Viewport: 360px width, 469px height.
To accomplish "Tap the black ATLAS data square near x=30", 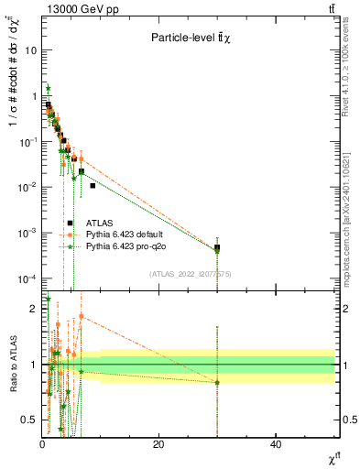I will point(217,247).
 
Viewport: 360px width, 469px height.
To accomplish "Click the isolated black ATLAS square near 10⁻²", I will point(93,186).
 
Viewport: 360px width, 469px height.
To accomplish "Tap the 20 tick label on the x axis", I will point(158,444).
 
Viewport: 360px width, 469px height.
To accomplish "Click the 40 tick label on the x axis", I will point(276,444).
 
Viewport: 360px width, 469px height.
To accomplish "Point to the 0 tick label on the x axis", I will point(42,444).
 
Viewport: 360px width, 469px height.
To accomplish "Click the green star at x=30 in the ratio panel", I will point(217,382).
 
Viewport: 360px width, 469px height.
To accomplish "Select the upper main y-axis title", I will point(13,101).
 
